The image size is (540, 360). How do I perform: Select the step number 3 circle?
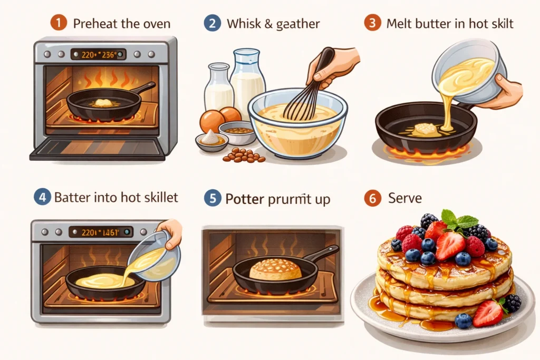pos(372,24)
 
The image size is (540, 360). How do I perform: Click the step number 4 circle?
pos(42,198)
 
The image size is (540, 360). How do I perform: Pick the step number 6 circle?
pos(372,199)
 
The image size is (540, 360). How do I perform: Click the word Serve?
pos(406,199)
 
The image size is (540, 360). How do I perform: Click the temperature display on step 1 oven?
pos(98,54)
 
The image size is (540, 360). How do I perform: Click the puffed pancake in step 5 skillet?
pos(275,269)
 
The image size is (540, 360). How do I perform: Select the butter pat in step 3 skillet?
pos(426,128)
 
